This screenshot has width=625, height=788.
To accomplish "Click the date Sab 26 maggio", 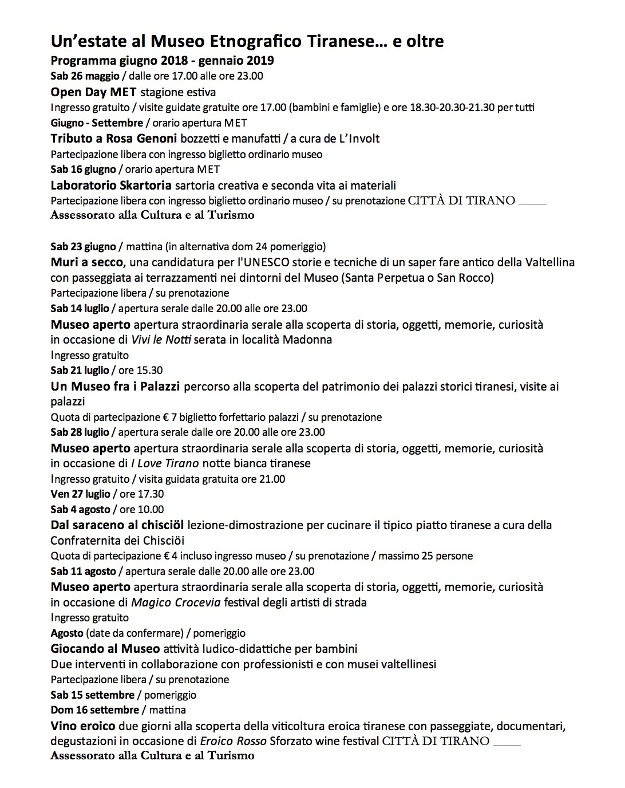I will [x=85, y=76].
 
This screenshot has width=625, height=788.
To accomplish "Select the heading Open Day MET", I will [x=93, y=92].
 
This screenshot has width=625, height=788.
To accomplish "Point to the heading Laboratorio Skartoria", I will [x=111, y=185].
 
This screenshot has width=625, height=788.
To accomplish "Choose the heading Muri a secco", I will [x=86, y=262].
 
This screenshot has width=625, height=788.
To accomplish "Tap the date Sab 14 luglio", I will [x=80, y=309].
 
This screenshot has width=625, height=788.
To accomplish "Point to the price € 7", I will [x=168, y=417].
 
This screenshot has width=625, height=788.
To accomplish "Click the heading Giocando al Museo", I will [x=105, y=649].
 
